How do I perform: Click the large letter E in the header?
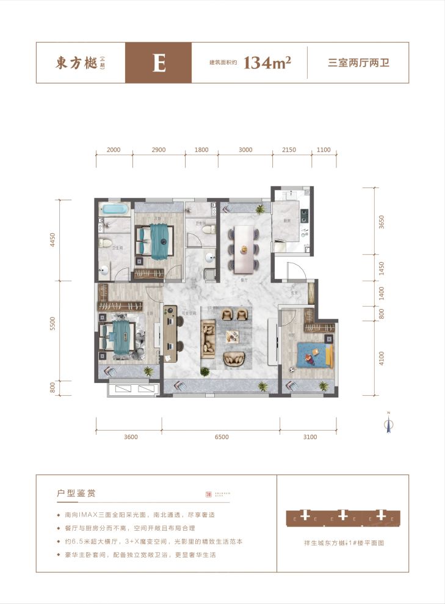click(x=159, y=63)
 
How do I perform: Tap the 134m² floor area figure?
click(x=267, y=63)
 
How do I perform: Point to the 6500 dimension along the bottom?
click(x=221, y=437)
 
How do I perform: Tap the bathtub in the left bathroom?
click(x=115, y=209)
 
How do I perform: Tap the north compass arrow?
click(x=387, y=423)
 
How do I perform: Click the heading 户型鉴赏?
click(x=76, y=492)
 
